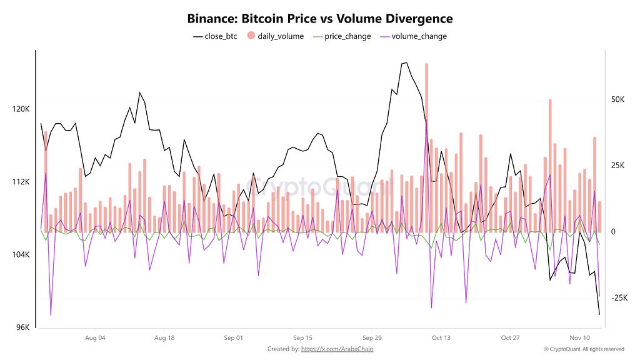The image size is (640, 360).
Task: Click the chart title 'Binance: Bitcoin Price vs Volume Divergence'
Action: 320,19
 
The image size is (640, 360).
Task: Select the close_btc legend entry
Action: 216,36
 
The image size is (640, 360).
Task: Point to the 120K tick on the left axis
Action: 21,109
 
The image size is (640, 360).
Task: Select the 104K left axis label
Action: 21,255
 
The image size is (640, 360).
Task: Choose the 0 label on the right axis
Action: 612,232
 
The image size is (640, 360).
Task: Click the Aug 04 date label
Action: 94,339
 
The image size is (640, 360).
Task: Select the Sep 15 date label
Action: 302,339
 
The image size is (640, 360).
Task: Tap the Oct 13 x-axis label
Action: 441,339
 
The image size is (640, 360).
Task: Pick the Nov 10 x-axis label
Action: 579,339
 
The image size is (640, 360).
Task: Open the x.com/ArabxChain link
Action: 337,349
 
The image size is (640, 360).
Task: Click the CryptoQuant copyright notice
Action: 584,349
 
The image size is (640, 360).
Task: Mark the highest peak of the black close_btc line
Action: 406,62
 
